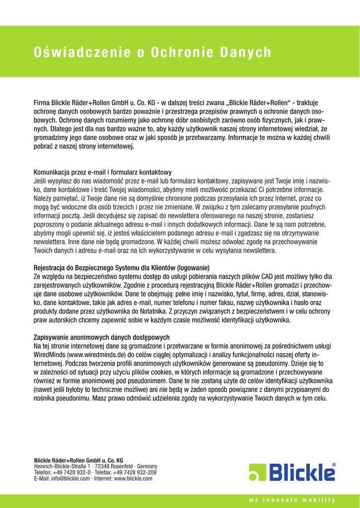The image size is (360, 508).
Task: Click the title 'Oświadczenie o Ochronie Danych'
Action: tap(152, 53)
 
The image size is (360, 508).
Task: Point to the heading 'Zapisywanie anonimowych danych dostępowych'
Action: tap(101, 337)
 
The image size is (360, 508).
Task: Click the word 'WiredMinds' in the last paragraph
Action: tap(50, 355)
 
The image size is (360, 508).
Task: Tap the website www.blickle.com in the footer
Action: tap(133, 479)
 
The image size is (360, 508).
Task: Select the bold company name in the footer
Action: tap(78, 461)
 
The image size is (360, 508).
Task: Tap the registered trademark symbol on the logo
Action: tap(334, 465)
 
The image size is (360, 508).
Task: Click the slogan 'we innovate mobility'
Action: tap(292, 500)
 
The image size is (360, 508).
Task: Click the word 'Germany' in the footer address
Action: tap(147, 467)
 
